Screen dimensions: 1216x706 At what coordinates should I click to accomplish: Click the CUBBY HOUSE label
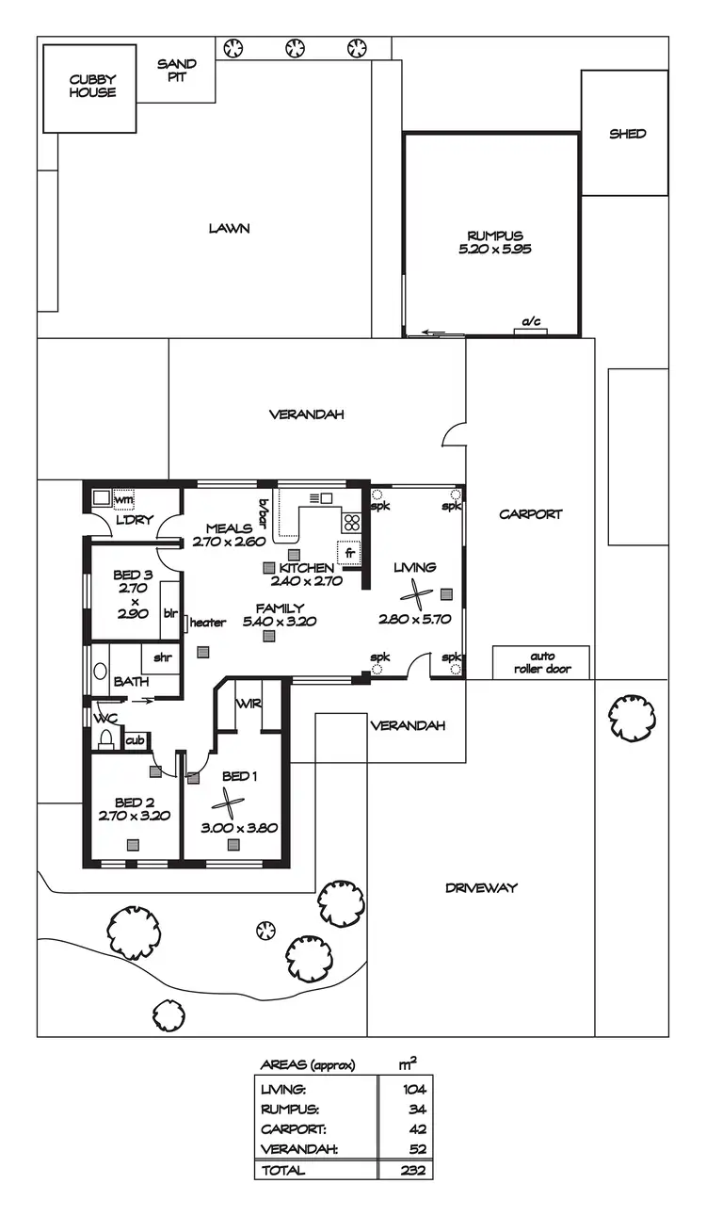(92, 87)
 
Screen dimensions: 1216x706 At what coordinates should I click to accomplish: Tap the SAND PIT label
(177, 71)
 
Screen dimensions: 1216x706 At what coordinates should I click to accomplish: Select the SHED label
(627, 134)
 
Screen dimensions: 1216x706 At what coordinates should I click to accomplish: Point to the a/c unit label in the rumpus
(531, 323)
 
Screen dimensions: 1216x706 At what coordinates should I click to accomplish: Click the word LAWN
(230, 228)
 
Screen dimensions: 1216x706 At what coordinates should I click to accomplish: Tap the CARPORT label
(531, 514)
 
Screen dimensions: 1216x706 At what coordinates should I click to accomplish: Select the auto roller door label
(541, 662)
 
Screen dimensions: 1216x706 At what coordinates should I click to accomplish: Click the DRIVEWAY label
(481, 887)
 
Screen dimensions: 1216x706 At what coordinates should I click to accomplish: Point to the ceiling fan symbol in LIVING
(415, 593)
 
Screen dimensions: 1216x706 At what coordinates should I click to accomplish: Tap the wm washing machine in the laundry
(122, 499)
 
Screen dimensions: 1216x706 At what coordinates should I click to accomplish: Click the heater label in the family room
(208, 623)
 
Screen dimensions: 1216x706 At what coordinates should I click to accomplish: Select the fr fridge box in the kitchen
(348, 554)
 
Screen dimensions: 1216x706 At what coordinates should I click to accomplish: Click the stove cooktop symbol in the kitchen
(351, 523)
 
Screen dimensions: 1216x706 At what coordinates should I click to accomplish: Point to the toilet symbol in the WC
(105, 738)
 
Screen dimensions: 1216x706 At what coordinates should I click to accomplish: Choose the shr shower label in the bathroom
(163, 657)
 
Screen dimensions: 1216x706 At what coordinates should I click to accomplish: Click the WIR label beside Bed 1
(249, 704)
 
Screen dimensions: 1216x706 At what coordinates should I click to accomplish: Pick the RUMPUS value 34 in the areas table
(418, 1109)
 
